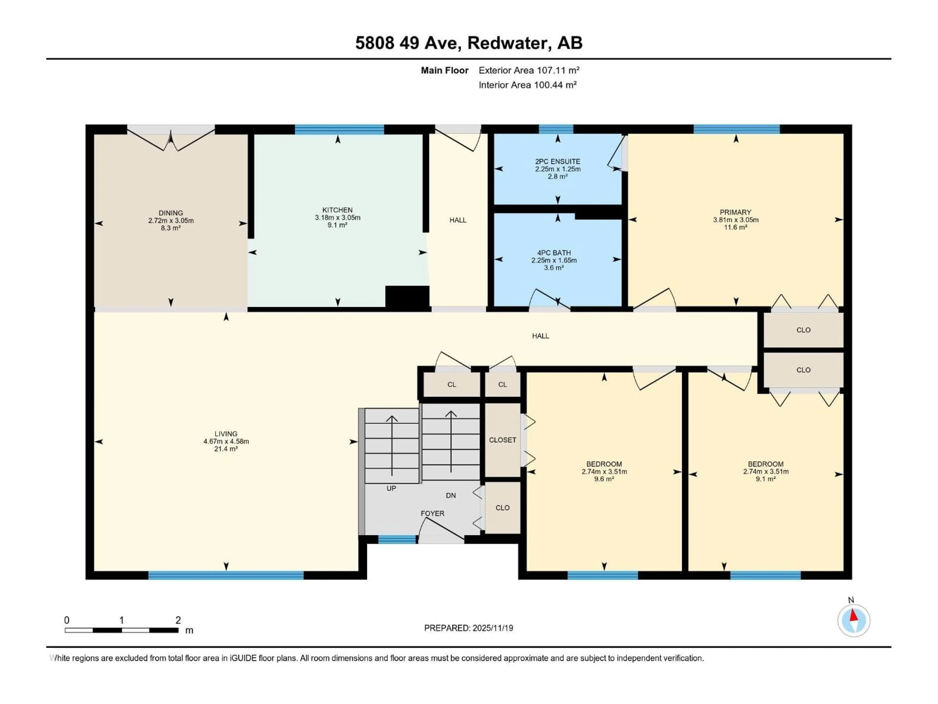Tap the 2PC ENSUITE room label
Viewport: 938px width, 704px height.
(x=557, y=162)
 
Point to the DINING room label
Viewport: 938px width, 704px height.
(x=171, y=213)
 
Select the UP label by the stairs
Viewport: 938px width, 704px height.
(x=391, y=488)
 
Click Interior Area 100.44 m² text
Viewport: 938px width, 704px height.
(x=527, y=85)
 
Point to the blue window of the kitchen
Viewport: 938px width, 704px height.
(x=339, y=129)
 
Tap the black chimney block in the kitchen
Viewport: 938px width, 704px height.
(x=407, y=296)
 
